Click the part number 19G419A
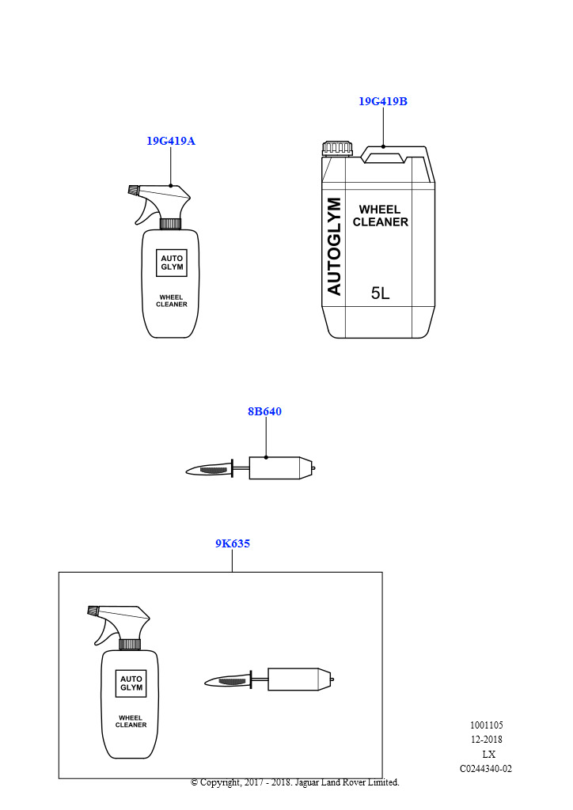point(171,141)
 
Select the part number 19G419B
point(383,101)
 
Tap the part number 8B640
point(264,411)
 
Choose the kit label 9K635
point(233,543)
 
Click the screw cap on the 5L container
point(338,148)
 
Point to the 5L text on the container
point(380,293)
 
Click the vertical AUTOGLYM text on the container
point(334,247)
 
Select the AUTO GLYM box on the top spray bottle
point(172,263)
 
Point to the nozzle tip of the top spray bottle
point(133,190)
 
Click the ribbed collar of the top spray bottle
point(170,224)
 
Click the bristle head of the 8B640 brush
point(209,469)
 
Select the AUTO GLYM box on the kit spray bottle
point(131,683)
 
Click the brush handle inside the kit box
point(300,679)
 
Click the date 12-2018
point(486,740)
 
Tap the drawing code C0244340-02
point(486,769)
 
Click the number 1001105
point(486,725)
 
